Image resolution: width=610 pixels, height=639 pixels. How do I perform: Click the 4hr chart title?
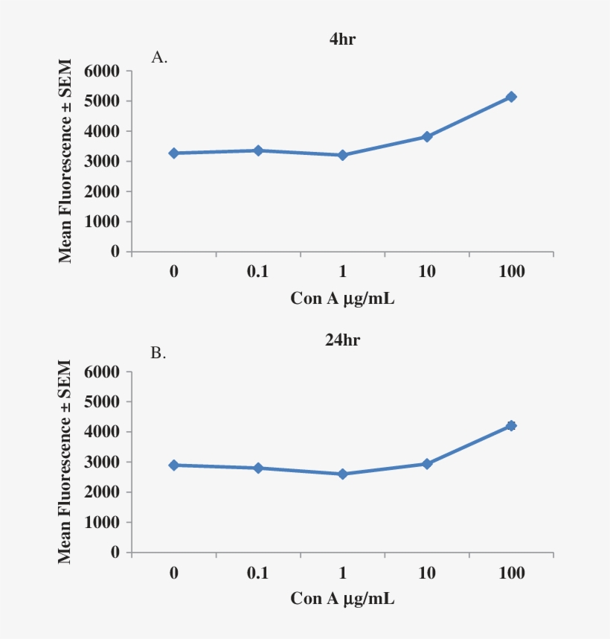click(x=343, y=39)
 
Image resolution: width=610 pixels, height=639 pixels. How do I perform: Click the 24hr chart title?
click(x=343, y=340)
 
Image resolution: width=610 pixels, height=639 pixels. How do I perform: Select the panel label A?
click(x=159, y=57)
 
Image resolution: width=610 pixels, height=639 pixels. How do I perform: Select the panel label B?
click(x=158, y=353)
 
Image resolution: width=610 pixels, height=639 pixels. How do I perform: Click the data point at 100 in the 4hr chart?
click(x=511, y=97)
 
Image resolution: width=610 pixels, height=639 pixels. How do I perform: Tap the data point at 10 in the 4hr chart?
click(x=427, y=136)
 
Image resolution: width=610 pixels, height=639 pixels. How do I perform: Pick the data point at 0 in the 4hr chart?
click(x=173, y=153)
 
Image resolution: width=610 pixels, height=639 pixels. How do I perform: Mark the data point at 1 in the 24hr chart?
click(x=342, y=474)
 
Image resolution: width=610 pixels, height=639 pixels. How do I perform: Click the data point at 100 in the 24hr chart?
click(x=511, y=425)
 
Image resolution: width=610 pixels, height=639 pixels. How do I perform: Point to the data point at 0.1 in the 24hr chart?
click(x=258, y=468)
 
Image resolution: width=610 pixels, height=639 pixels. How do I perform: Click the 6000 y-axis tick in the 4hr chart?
click(x=104, y=71)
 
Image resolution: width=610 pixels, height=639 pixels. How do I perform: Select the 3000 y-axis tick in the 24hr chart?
click(x=104, y=462)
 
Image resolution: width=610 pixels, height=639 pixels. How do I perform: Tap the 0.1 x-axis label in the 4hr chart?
click(x=257, y=272)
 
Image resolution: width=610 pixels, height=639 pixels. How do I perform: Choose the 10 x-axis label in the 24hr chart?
click(x=427, y=573)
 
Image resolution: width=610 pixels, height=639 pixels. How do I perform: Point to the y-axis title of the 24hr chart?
click(x=65, y=462)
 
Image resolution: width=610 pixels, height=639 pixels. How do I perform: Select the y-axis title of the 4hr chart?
click(x=65, y=161)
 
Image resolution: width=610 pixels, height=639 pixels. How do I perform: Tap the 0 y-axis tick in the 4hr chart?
click(x=116, y=252)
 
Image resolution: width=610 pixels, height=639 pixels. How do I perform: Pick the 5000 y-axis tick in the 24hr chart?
click(x=104, y=402)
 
